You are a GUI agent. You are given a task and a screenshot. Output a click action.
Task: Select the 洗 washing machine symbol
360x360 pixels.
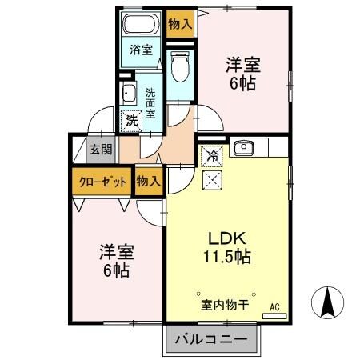point(130,122)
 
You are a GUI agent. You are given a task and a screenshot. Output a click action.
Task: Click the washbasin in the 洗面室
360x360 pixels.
point(127,93)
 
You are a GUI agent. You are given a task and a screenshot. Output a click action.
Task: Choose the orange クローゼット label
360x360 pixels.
point(102,182)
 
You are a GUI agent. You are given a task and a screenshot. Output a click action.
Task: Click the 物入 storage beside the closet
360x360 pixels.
point(148,182)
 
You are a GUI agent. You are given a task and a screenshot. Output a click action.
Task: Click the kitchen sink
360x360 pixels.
point(243,147)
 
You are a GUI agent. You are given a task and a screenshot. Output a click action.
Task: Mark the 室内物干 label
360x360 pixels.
point(226,305)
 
